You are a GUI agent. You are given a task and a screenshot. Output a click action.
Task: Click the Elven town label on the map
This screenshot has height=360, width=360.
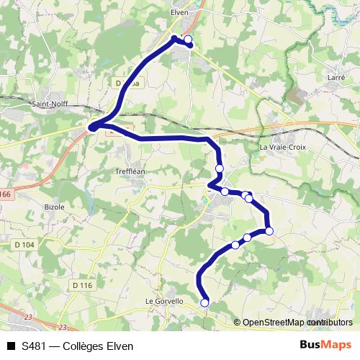179,12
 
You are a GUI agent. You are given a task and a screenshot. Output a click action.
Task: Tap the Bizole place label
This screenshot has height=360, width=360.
53,207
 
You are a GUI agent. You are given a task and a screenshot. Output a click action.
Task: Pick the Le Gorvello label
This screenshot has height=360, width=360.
165,301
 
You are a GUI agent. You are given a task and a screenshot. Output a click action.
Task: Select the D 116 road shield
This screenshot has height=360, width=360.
83,286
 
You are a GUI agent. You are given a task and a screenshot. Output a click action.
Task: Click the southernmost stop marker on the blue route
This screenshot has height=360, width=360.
204,303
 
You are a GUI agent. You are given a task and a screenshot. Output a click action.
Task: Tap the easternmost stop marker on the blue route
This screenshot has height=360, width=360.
269,231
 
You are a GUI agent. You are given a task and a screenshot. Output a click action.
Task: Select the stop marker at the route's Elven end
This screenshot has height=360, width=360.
189,40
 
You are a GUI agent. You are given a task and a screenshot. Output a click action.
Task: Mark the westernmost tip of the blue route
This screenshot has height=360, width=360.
91,128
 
